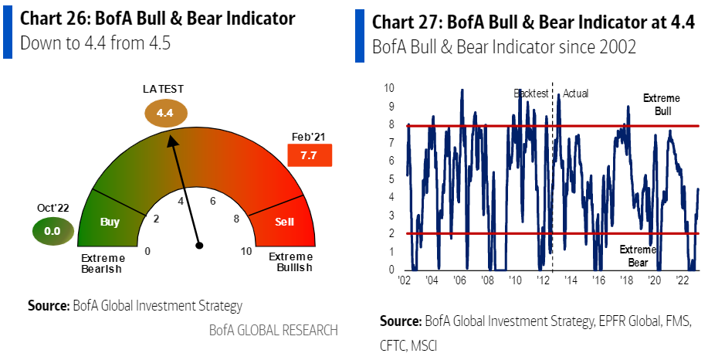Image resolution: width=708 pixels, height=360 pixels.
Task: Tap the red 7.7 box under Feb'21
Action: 310,156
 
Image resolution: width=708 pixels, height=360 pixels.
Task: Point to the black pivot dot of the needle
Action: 199,246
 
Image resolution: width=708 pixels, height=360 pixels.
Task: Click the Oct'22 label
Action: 53,208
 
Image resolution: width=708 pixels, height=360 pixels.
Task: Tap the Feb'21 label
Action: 310,136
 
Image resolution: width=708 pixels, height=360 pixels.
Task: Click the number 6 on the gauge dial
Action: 213,201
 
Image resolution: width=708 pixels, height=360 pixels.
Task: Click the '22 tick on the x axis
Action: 683,279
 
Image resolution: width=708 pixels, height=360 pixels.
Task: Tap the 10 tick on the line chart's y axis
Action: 391,87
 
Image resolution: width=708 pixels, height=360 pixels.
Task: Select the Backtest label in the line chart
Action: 531,93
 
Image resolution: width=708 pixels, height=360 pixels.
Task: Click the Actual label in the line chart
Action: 575,93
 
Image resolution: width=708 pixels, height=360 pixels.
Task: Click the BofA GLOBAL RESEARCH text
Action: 273,330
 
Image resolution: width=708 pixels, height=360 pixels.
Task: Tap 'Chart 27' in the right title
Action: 407,22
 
